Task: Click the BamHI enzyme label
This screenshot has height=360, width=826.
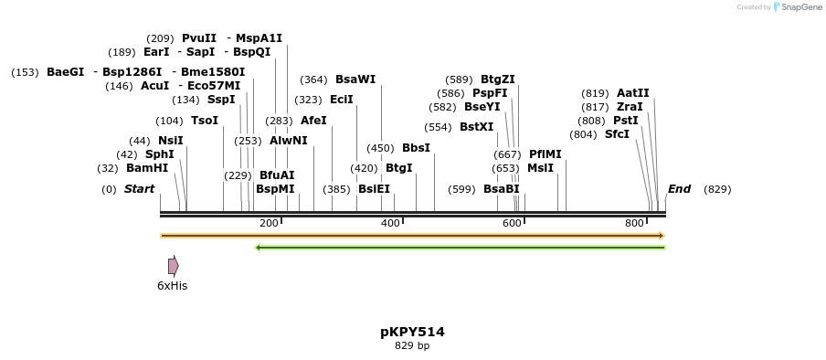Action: tap(147, 168)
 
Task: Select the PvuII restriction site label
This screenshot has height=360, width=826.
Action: tap(199, 38)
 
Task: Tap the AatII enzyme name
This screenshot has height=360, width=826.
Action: tap(632, 93)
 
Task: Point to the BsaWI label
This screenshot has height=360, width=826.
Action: tap(355, 79)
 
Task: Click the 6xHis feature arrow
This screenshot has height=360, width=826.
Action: tap(173, 266)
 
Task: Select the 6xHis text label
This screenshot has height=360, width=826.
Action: tap(172, 286)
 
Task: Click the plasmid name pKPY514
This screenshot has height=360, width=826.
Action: tap(412, 332)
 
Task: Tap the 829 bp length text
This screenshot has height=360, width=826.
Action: tap(412, 345)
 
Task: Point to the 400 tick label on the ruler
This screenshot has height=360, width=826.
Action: tap(390, 223)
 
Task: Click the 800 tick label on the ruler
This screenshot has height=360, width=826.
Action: tap(634, 223)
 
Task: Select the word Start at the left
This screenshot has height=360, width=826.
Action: tap(139, 189)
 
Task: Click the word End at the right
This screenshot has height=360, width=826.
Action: tap(679, 189)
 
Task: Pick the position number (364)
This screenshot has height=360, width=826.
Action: tap(313, 79)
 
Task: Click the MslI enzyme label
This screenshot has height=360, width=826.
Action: tap(540, 168)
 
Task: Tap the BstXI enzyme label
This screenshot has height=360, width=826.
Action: tap(476, 127)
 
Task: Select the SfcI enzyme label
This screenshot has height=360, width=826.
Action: tap(617, 134)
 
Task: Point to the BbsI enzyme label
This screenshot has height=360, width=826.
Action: tap(416, 148)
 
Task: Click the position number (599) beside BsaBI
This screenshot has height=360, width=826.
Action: tap(461, 189)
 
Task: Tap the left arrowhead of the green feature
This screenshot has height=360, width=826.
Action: tap(259, 247)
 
